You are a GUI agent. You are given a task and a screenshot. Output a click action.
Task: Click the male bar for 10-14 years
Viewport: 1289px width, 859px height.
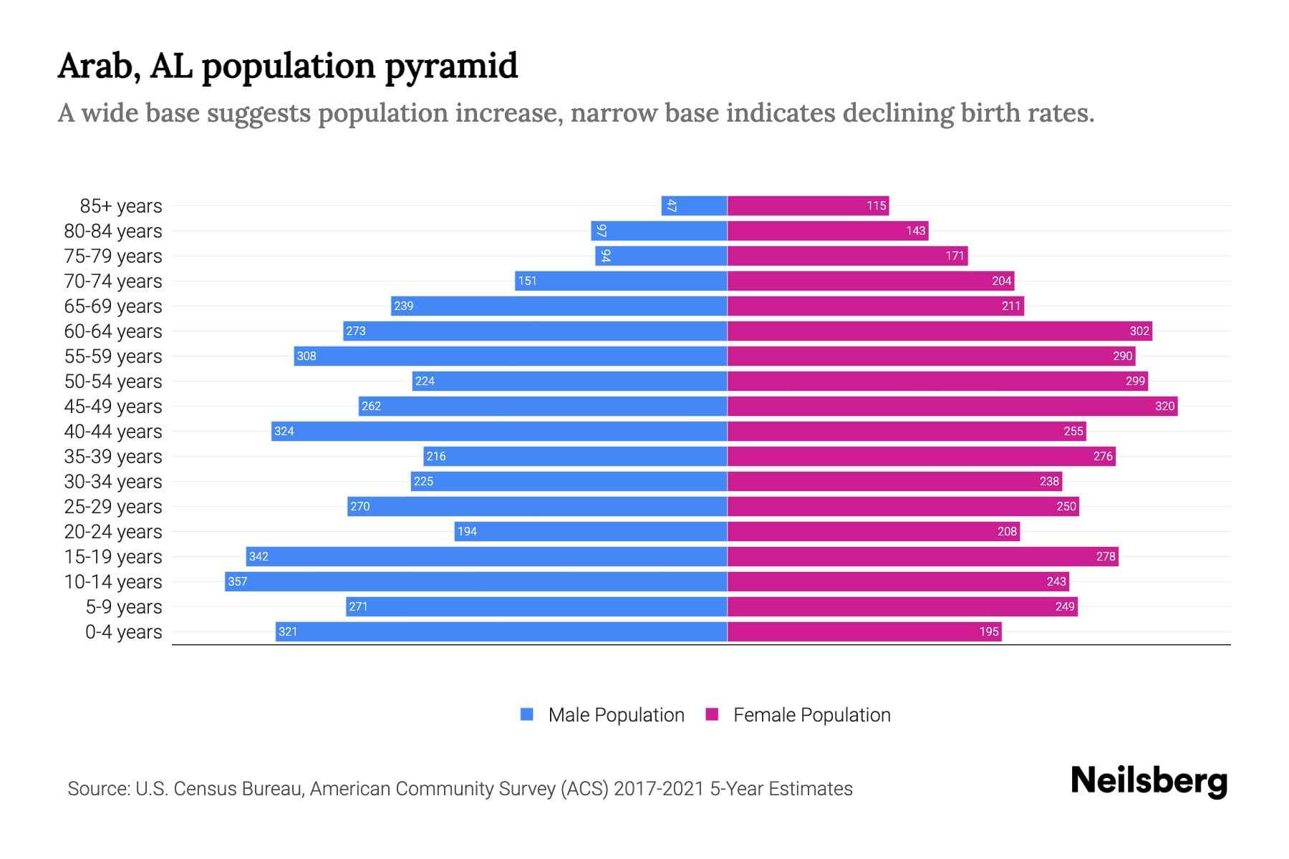click(x=476, y=581)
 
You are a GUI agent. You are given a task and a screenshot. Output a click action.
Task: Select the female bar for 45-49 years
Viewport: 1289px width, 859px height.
click(x=952, y=406)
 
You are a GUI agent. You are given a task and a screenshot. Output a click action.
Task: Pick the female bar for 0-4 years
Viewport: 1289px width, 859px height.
click(x=864, y=631)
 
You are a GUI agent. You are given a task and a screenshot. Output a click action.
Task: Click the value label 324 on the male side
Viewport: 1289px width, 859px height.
click(x=284, y=431)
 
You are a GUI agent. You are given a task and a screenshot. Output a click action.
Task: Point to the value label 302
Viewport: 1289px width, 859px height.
click(x=1139, y=331)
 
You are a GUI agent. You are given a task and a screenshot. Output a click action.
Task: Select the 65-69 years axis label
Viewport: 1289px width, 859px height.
click(x=113, y=306)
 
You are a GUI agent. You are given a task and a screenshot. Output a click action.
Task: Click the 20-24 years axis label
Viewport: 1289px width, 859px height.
click(x=113, y=532)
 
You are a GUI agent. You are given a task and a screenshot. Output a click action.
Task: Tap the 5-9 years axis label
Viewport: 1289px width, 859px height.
click(x=124, y=607)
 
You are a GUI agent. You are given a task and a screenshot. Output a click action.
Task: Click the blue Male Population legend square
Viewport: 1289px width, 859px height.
click(x=527, y=714)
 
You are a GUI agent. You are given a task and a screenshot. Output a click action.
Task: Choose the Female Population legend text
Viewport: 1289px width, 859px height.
click(x=811, y=714)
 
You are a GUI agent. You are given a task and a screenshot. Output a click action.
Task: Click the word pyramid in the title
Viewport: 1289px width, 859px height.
click(x=451, y=67)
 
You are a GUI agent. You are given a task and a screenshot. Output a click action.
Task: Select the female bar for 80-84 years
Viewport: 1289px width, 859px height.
click(x=828, y=230)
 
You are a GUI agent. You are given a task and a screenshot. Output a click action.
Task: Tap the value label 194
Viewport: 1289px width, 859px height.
click(x=467, y=531)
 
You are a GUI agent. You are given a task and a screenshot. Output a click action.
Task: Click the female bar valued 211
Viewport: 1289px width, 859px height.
click(x=875, y=306)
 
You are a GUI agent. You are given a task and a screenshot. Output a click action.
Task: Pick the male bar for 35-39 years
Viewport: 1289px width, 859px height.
click(x=575, y=456)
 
